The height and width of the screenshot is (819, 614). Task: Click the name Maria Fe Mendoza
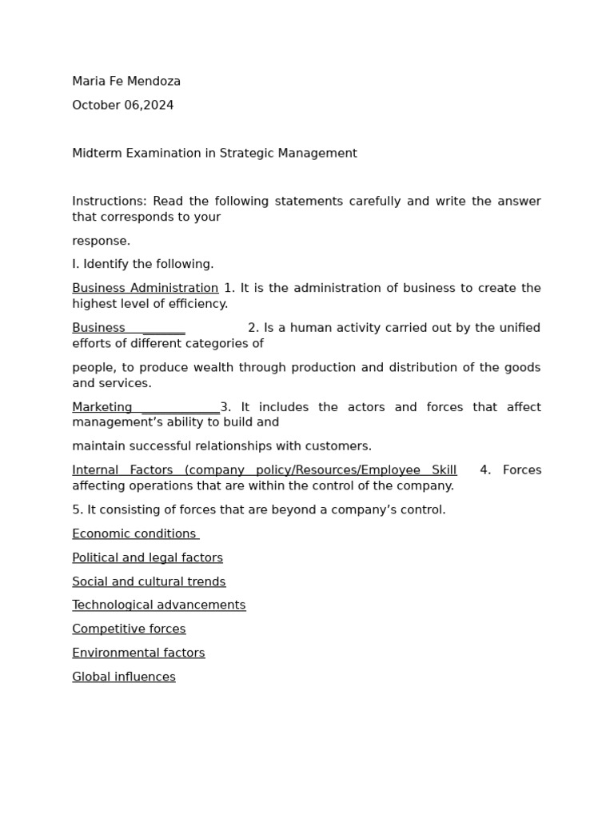[x=126, y=82]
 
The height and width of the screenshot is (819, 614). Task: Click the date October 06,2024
[x=122, y=106]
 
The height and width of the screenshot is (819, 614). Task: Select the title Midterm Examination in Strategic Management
[x=214, y=154]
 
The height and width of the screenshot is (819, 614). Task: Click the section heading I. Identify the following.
[x=142, y=265]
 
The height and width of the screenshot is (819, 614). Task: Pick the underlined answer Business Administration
[x=145, y=289]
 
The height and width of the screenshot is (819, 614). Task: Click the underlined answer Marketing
[x=102, y=408]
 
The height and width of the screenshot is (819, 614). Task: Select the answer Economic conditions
[x=134, y=534]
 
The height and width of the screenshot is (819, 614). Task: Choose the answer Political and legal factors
[x=147, y=558]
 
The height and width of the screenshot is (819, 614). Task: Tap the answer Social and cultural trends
[x=149, y=582]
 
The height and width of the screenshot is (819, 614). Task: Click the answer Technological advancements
[x=158, y=605]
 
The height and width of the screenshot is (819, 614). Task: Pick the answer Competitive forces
[x=129, y=629]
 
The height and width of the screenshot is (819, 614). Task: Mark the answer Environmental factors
[x=138, y=653]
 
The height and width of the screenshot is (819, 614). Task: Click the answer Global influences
[x=123, y=677]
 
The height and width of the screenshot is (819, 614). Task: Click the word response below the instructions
[x=100, y=242]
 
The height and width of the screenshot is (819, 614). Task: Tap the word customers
[x=341, y=446]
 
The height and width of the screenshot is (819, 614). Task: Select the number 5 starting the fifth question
[x=76, y=510]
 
